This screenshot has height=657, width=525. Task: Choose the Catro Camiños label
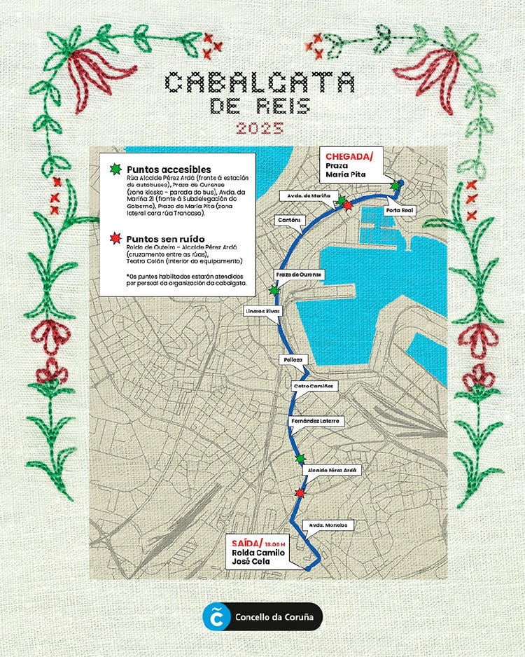tap(315, 386)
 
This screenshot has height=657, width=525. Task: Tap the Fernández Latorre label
tap(315, 421)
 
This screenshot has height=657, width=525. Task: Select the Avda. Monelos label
tap(328, 525)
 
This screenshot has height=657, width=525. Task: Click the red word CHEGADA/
tap(345, 155)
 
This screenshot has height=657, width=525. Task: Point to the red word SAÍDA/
tap(245, 544)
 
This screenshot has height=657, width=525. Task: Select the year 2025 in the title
tap(260, 128)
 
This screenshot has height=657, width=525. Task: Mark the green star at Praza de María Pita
tap(396, 186)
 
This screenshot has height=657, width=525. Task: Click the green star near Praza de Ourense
tap(274, 290)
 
